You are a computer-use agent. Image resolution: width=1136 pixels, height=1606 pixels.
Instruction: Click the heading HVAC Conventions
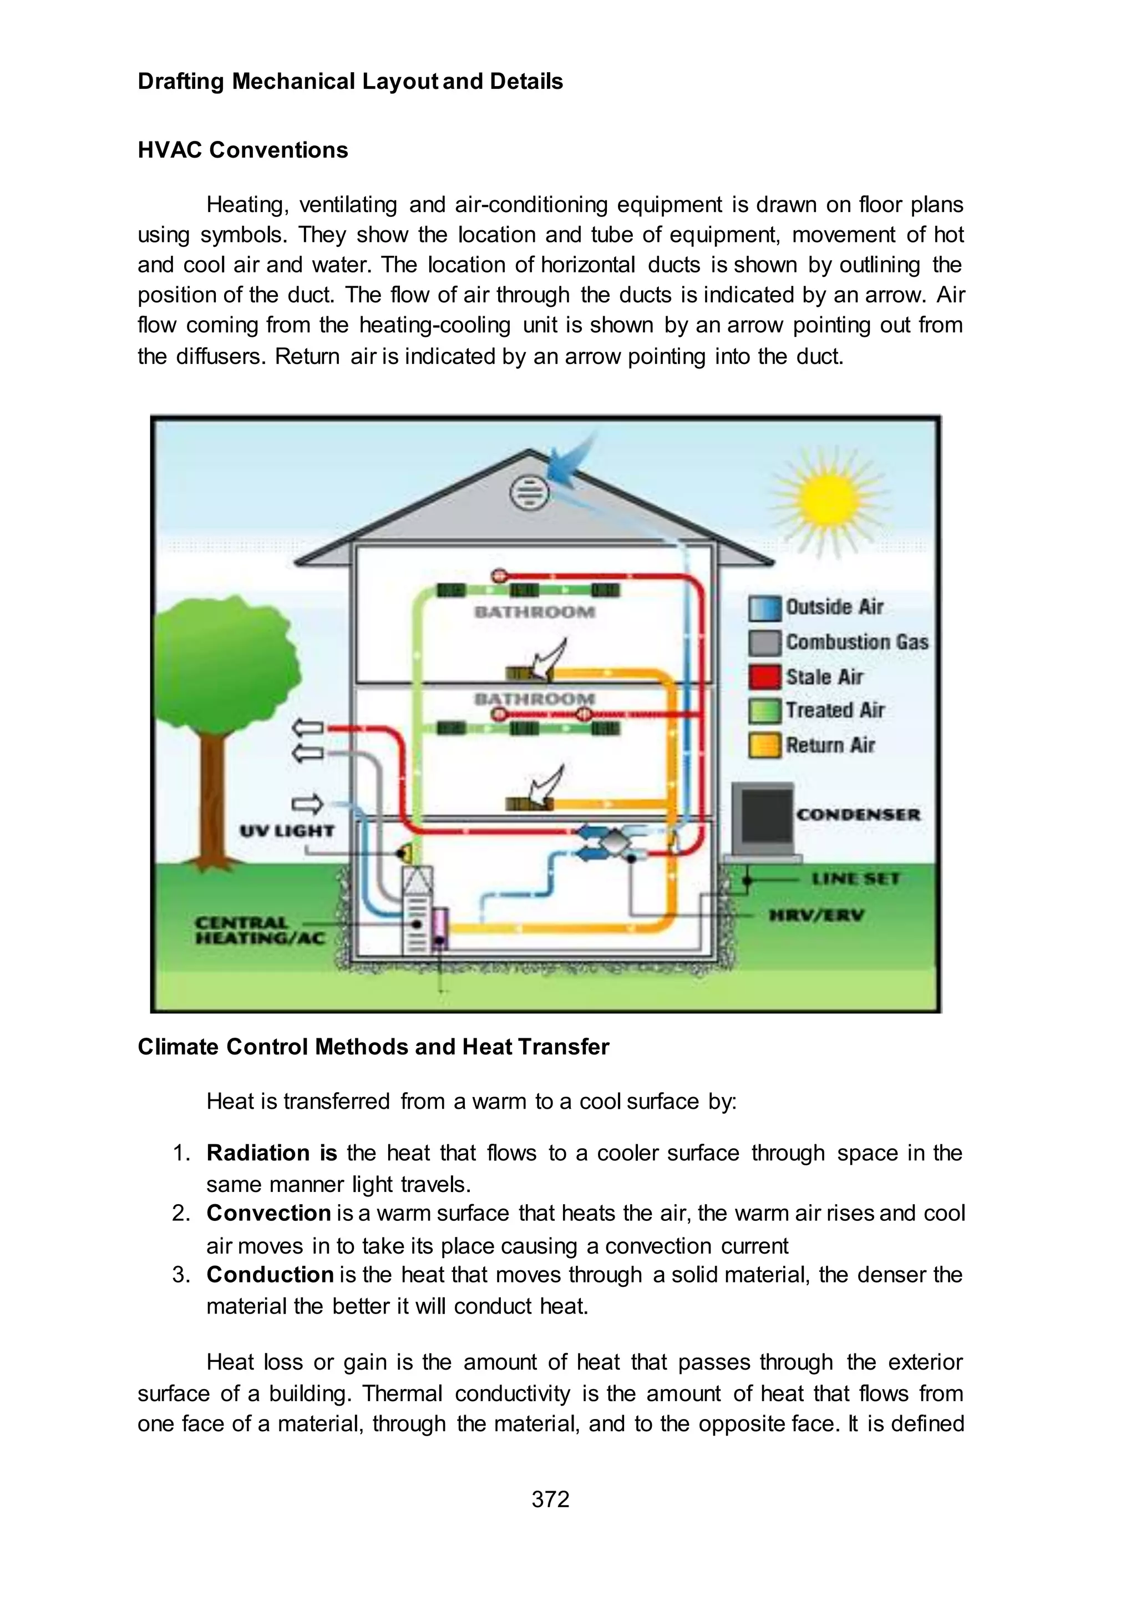[x=243, y=150]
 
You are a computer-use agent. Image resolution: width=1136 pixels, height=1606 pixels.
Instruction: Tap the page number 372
[x=550, y=1499]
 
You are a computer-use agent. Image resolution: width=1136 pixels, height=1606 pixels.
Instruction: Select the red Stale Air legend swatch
[x=764, y=676]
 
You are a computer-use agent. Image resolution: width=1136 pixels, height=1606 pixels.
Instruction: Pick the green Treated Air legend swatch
[x=764, y=711]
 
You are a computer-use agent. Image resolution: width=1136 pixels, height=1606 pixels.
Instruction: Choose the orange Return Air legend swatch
[x=764, y=745]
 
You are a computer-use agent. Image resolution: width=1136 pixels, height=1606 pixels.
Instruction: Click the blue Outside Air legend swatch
[x=764, y=608]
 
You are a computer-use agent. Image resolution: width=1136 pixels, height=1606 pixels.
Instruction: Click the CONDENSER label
[x=858, y=815]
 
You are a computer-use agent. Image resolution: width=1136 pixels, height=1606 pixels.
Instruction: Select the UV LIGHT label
[x=287, y=831]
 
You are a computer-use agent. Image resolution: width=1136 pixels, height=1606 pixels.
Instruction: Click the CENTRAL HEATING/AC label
[x=260, y=931]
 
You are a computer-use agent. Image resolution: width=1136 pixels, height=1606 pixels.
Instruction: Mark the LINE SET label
[x=855, y=878]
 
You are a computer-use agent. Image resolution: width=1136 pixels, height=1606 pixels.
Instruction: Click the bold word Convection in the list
[x=268, y=1213]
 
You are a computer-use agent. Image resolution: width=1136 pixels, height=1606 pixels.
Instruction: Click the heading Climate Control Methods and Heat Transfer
[x=373, y=1047]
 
